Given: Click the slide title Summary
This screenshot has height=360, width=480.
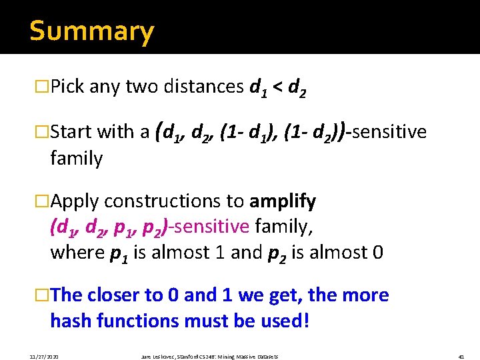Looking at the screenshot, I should [x=91, y=31].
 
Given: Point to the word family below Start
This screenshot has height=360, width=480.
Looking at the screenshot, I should [x=76, y=159].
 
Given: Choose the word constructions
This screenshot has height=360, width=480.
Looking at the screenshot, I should [x=173, y=201].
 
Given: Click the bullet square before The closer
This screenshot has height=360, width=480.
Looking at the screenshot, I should [x=43, y=295].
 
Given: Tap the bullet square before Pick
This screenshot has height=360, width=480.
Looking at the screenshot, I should [x=43, y=87].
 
